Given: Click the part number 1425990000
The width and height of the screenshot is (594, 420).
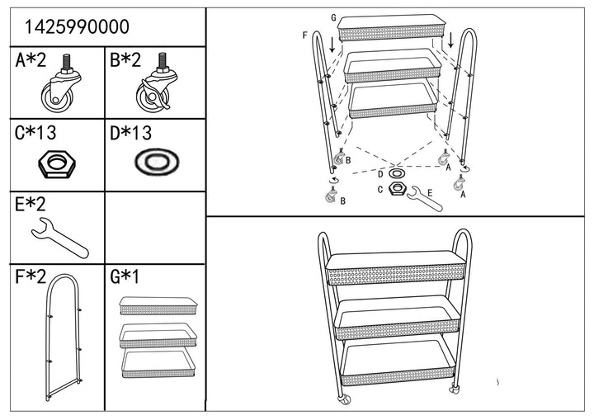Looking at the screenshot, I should (x=77, y=26).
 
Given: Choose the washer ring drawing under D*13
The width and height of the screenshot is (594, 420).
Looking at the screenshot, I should (x=154, y=163).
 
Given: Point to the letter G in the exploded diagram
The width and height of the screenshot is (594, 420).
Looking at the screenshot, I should (x=333, y=17).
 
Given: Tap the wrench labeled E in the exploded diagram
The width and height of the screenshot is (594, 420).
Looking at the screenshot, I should (x=425, y=197).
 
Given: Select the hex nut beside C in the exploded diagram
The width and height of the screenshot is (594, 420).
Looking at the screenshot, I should (x=397, y=190).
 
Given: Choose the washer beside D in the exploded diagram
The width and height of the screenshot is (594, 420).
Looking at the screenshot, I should (x=397, y=174).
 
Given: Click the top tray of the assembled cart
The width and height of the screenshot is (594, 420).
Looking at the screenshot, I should (x=395, y=268).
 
